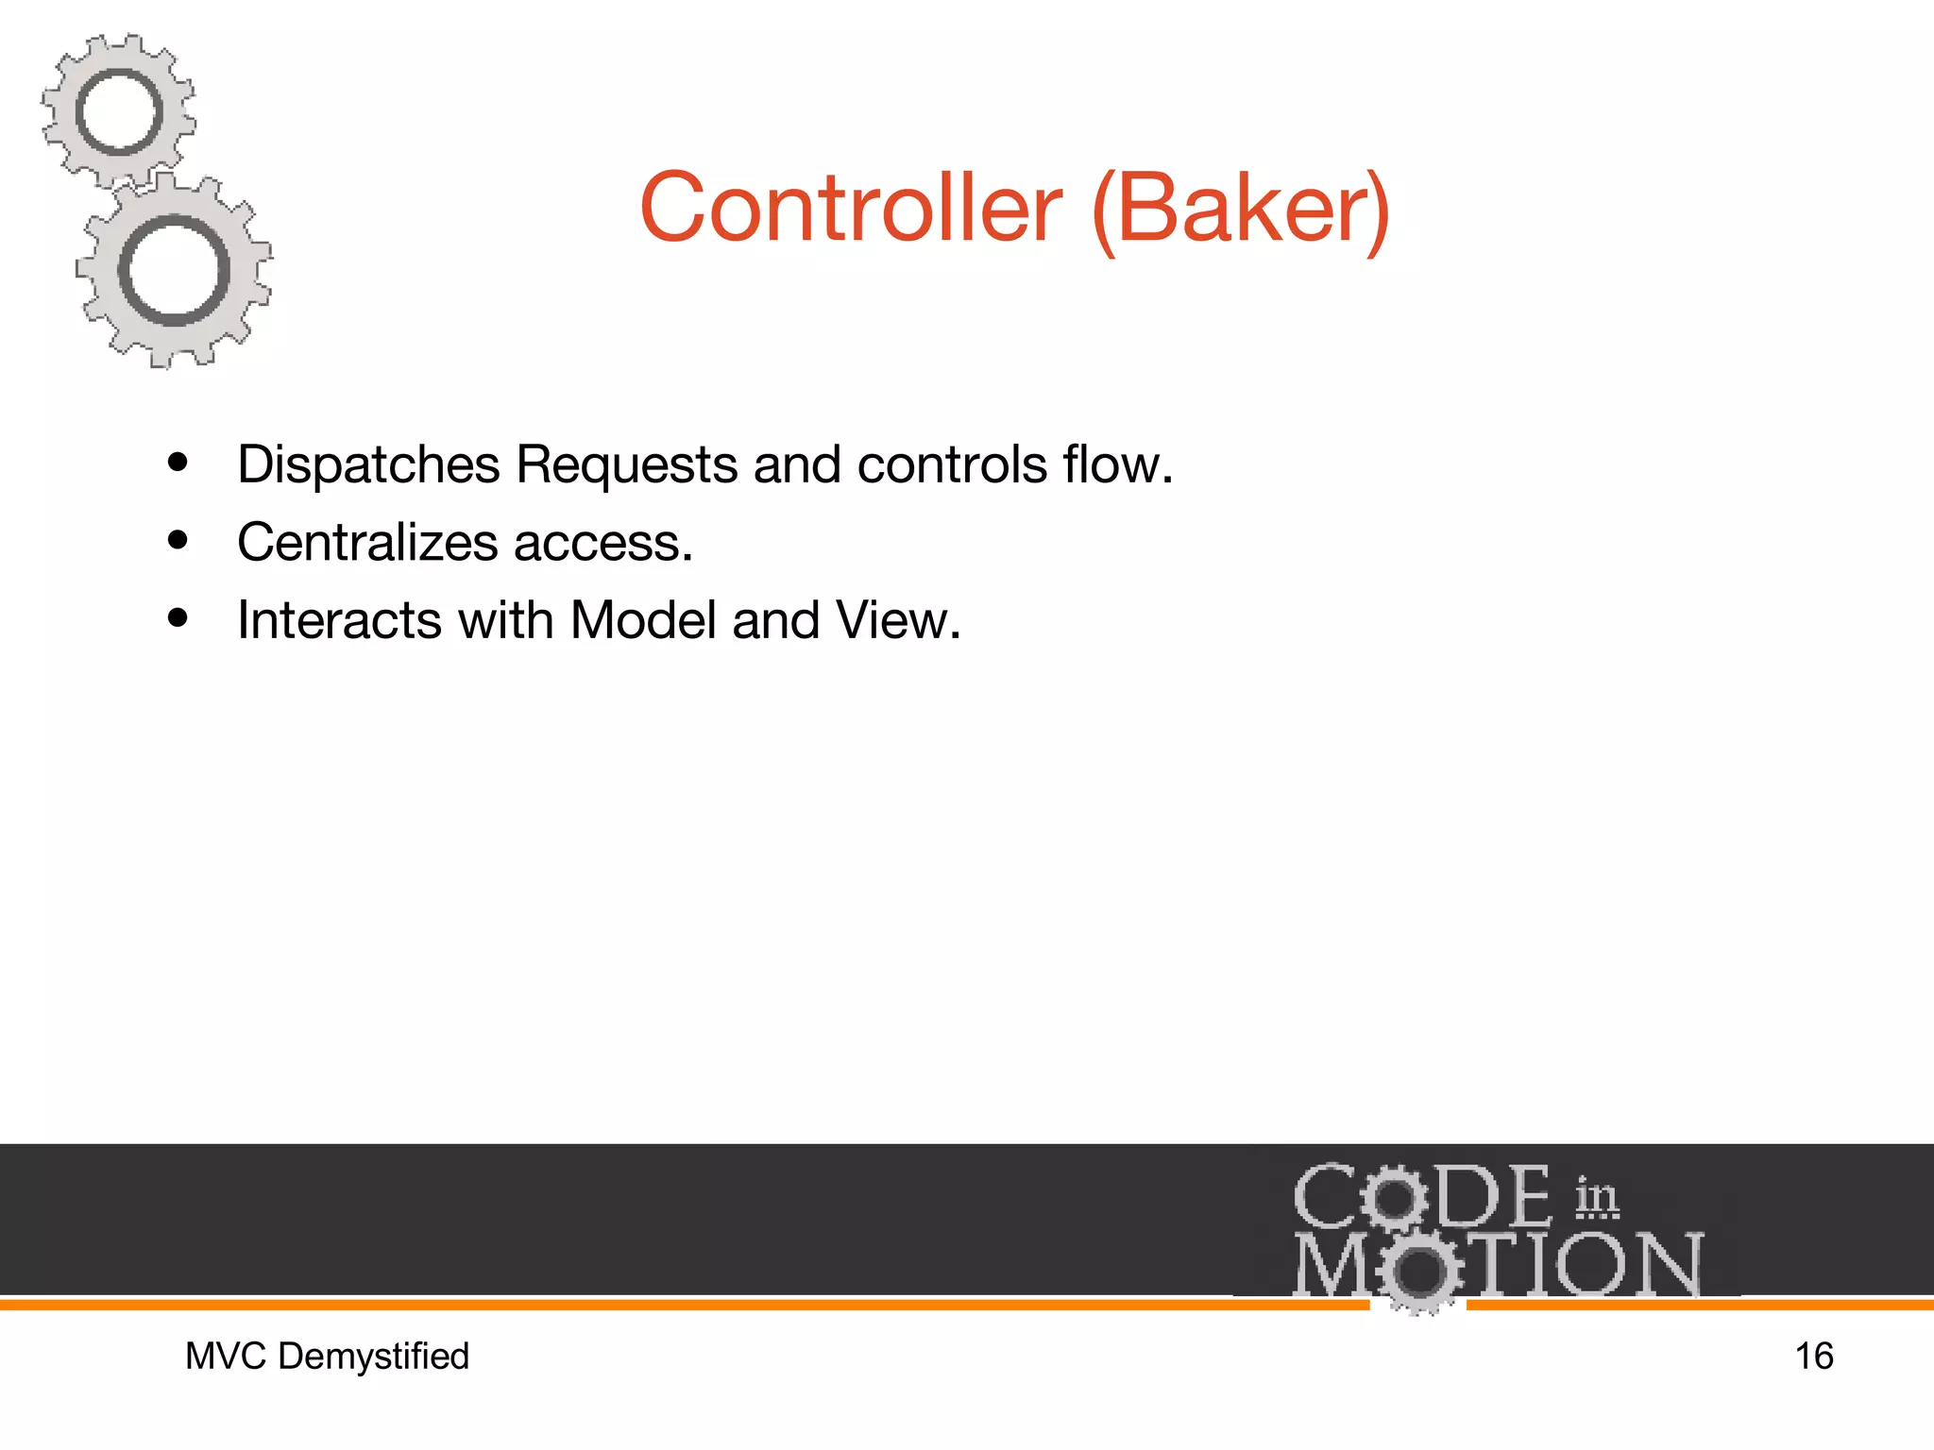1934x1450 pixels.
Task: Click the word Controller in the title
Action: pyautogui.click(x=850, y=208)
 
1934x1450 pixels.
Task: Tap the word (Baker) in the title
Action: pyautogui.click(x=1241, y=210)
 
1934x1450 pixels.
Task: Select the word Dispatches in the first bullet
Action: pyautogui.click(x=368, y=465)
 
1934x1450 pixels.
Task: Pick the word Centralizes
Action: pyautogui.click(x=367, y=543)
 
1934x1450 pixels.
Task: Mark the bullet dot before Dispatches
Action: pyautogui.click(x=178, y=463)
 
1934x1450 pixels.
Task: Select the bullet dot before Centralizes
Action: pyautogui.click(x=178, y=540)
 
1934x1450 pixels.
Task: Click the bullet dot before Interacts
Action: pyautogui.click(x=178, y=618)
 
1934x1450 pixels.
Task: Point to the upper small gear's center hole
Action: pyautogui.click(x=119, y=112)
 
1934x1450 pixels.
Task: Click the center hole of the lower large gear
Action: pyautogui.click(x=174, y=271)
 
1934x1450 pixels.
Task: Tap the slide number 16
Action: pyautogui.click(x=1813, y=1357)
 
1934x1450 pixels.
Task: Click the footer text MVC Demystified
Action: pyautogui.click(x=327, y=1357)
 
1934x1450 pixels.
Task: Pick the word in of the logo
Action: pyautogui.click(x=1596, y=1197)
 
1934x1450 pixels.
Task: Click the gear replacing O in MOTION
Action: pyautogui.click(x=1417, y=1270)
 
